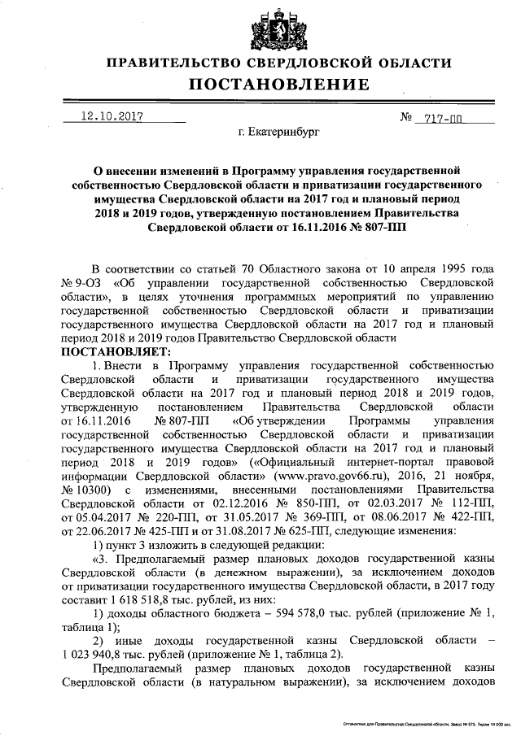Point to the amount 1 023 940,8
pos(99,655)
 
